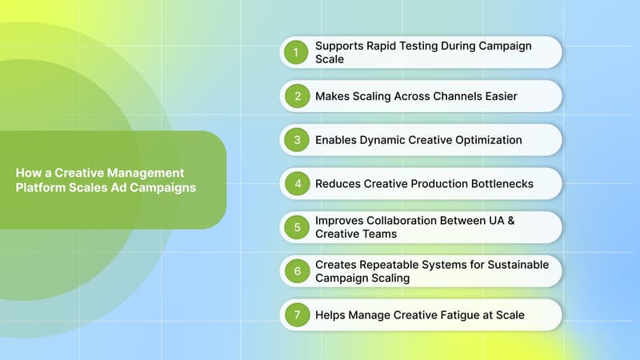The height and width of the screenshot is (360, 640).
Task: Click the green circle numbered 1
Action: coord(295,52)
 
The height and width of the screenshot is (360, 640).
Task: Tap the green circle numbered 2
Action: coord(295,96)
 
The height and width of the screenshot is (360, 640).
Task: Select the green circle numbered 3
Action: coord(295,140)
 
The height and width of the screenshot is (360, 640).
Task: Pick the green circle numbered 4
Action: coord(295,183)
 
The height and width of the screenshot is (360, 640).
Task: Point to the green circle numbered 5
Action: coord(295,227)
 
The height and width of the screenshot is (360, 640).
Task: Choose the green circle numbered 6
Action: coord(295,271)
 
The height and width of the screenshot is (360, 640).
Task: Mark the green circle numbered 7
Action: coord(295,314)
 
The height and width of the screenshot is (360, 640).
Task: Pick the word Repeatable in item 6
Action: coord(390,265)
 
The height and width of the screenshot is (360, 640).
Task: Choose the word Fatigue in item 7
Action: coord(455,314)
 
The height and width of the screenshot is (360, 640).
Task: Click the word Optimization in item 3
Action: coord(488,140)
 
